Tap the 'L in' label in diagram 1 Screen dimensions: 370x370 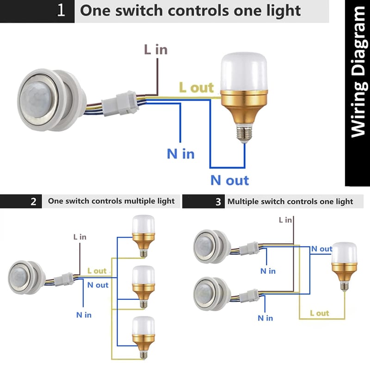(x=155, y=49)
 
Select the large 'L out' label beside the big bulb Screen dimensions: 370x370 (x=196, y=87)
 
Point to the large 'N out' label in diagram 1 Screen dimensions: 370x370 (x=230, y=180)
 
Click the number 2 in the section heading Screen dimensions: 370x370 (x=33, y=202)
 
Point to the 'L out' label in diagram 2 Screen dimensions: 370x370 (x=97, y=271)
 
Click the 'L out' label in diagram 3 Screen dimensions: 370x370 (x=319, y=313)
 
